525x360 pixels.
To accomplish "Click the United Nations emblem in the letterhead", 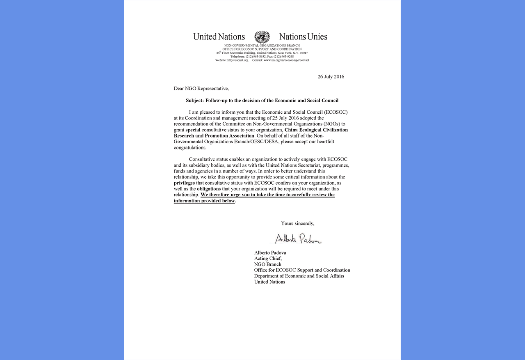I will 262,37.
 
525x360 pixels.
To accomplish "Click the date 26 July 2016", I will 331,77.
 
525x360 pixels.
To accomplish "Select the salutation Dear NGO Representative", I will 201,89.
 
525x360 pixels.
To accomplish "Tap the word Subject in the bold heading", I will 194,100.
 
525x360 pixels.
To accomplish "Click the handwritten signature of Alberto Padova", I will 298,238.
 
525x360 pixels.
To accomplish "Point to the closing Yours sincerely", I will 297,223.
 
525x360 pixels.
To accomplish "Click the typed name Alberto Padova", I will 270,253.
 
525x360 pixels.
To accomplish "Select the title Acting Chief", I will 268,259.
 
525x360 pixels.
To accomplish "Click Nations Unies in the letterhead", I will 303,37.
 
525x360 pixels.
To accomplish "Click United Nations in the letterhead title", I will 219,37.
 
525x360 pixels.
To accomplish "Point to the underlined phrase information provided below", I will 204,201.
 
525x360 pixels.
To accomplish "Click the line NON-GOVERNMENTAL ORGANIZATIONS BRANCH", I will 262,45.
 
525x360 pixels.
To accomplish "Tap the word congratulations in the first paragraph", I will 190,147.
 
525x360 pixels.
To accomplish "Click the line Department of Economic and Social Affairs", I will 299,276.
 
